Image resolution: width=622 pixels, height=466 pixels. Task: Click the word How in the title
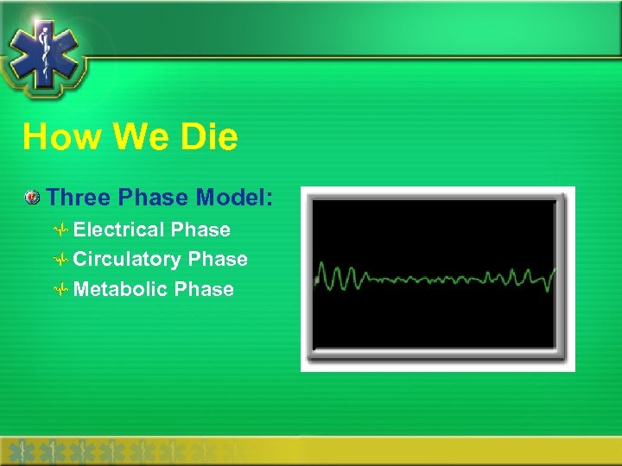54,137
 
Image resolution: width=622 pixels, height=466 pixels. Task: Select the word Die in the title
206,137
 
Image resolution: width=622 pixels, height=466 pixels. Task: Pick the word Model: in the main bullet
234,198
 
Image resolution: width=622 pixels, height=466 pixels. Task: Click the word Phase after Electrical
200,230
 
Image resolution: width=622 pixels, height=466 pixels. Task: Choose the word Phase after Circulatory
218,259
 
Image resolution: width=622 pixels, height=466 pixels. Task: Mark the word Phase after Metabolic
204,289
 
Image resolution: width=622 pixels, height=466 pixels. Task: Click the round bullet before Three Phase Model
32,198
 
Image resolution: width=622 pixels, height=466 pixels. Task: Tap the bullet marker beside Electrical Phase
60,230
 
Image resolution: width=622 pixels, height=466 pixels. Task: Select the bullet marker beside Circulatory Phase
60,260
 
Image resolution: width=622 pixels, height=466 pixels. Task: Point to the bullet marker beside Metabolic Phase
60,290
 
